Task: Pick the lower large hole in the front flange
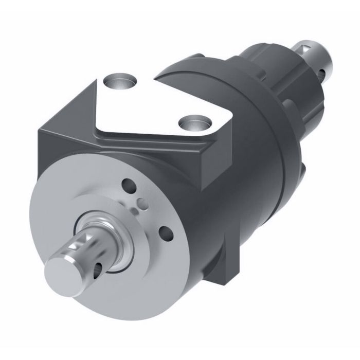click(166, 232)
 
